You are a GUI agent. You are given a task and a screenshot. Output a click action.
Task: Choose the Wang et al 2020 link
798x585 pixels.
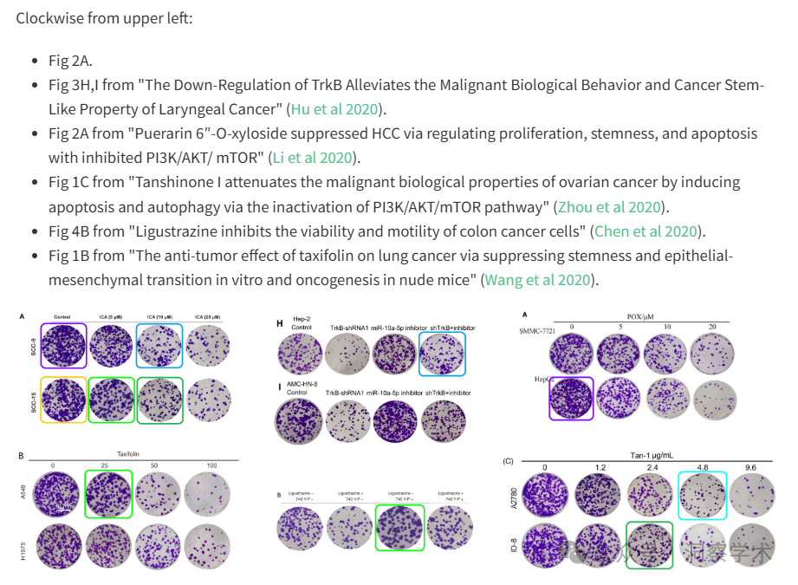538,280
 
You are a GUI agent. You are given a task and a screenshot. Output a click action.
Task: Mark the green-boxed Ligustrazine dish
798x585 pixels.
399,527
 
